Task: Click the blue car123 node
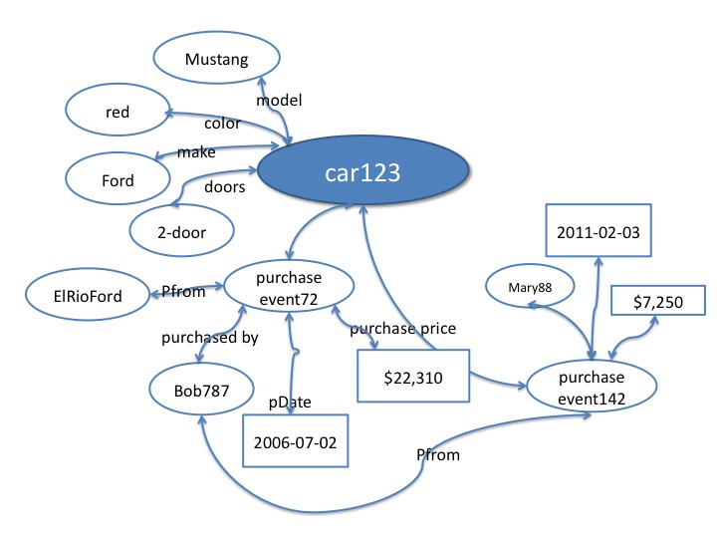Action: (362, 172)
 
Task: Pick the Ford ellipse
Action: (118, 181)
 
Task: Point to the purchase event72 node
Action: (288, 287)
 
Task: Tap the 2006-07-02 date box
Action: (296, 439)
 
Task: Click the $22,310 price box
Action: (413, 379)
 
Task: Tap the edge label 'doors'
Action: (225, 186)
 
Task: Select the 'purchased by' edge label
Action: (210, 338)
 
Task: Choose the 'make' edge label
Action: (196, 151)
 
